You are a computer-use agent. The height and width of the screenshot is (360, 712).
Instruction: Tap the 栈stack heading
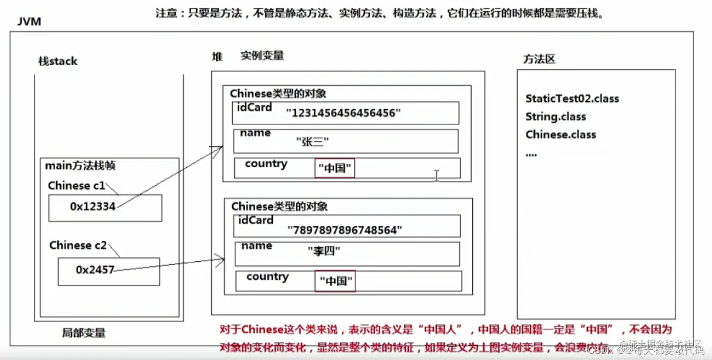click(x=58, y=61)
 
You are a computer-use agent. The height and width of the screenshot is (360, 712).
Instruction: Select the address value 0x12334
click(x=93, y=206)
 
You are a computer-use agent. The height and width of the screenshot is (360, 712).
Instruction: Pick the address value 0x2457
click(x=95, y=269)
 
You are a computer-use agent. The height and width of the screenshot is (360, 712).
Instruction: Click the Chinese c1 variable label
click(x=76, y=186)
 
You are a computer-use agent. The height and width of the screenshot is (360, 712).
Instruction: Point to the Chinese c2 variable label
click(x=78, y=245)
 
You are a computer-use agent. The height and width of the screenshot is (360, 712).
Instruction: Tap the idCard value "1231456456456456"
click(x=343, y=114)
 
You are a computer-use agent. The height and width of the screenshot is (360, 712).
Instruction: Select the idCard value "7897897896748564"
click(x=345, y=231)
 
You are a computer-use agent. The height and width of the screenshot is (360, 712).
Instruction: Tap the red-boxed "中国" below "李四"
click(x=336, y=281)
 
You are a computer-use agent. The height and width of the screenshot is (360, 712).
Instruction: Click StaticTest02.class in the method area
click(x=572, y=98)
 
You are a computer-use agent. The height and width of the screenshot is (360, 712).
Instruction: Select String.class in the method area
click(x=556, y=117)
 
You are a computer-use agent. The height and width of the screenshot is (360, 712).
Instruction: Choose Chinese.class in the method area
click(x=561, y=134)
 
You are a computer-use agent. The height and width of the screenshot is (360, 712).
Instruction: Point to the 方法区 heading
click(x=539, y=59)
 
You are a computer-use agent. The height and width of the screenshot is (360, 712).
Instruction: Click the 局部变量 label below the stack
click(x=84, y=333)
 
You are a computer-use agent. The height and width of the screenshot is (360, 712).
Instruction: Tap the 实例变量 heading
click(x=262, y=56)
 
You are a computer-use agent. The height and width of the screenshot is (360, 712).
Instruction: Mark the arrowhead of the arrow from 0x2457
click(x=222, y=261)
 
